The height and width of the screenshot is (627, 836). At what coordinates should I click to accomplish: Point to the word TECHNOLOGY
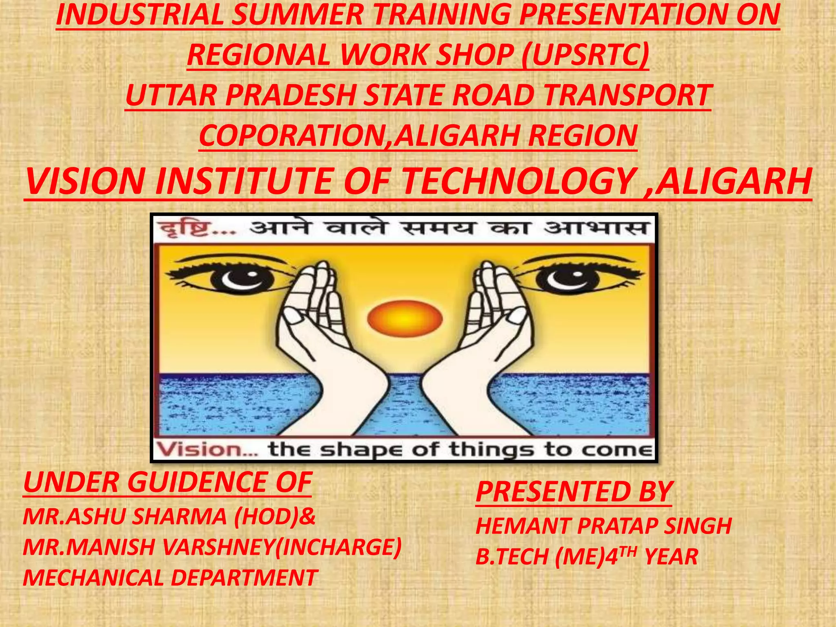(x=517, y=181)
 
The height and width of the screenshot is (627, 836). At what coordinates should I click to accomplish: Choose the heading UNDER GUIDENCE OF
(x=167, y=482)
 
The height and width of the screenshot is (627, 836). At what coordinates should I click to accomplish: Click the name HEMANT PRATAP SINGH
(x=603, y=526)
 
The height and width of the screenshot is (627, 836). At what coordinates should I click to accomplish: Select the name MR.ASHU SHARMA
(x=125, y=517)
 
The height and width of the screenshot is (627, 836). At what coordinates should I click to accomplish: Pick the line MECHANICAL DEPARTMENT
(x=170, y=578)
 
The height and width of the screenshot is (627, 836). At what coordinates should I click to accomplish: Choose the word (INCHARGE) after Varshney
(x=338, y=547)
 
